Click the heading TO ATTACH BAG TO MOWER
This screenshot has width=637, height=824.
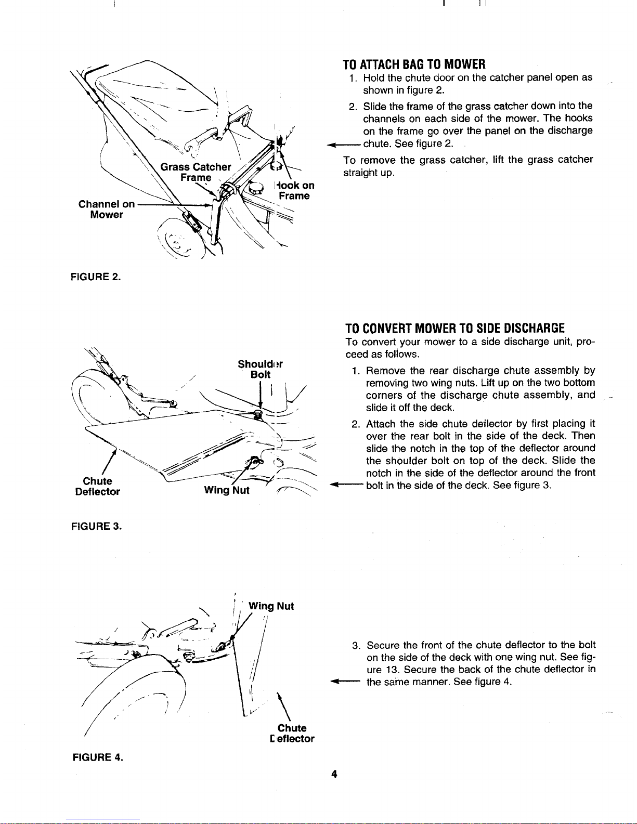[x=414, y=64]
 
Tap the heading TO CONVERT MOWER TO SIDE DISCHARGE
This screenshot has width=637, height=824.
[x=455, y=328]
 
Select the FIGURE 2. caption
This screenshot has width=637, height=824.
[x=96, y=277]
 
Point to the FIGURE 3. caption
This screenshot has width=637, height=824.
[x=97, y=526]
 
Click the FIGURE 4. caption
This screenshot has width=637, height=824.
[x=98, y=757]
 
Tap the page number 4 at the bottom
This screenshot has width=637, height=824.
[x=334, y=774]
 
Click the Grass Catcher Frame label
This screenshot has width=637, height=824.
[x=196, y=172]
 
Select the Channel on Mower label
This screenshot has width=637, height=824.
[x=107, y=210]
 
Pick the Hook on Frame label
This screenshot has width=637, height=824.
[x=295, y=190]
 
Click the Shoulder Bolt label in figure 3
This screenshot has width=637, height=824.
[x=260, y=369]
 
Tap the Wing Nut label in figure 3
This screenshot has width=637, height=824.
[x=227, y=490]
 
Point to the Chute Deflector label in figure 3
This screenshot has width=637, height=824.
[x=97, y=487]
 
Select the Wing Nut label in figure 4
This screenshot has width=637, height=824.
[x=271, y=606]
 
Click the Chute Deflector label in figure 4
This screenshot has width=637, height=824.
[x=292, y=734]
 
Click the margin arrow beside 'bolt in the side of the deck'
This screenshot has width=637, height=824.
[x=346, y=484]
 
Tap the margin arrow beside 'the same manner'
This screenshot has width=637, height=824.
[x=345, y=682]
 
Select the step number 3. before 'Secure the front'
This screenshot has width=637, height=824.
[x=356, y=645]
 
